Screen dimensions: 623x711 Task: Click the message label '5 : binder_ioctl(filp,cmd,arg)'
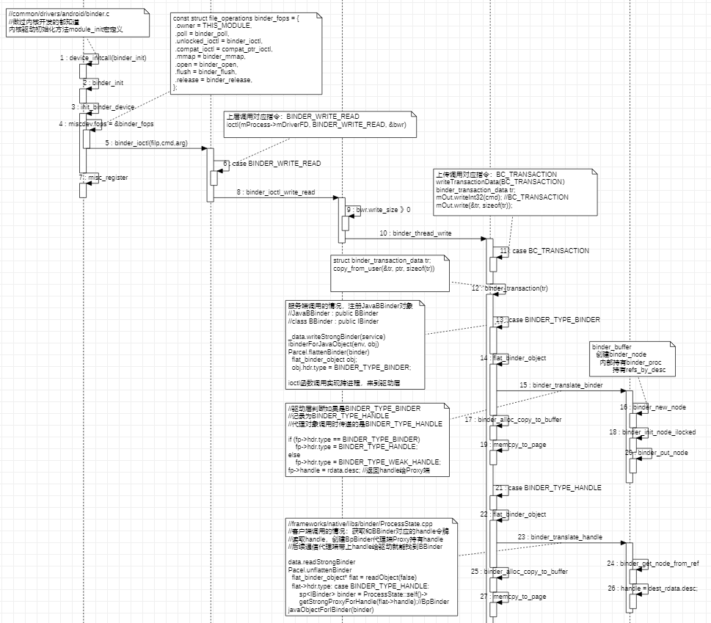click(146, 143)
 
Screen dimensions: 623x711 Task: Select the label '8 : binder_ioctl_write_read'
click(275, 192)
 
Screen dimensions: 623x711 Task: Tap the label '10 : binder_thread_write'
click(415, 233)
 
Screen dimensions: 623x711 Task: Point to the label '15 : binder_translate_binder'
click(561, 385)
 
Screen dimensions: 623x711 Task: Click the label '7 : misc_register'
click(103, 178)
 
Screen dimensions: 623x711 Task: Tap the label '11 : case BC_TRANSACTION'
click(544, 251)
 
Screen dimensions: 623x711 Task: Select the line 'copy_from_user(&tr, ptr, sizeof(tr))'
click(384, 269)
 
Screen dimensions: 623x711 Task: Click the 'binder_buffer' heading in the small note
click(611, 346)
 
